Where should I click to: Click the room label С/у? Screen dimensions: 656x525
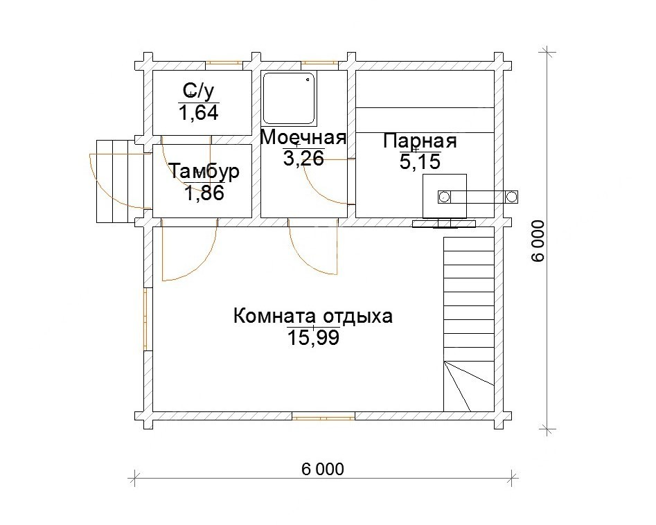pos(198,90)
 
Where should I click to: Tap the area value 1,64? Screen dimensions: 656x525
pos(199,113)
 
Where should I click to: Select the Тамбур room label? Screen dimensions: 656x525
pos(204,171)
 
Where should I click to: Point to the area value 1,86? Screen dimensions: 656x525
pos(204,193)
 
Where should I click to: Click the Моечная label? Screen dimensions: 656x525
pos(303,137)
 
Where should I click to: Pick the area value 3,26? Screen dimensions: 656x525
pos(303,159)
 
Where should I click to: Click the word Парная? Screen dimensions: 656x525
pos(420,141)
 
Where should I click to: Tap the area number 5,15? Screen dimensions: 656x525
pos(420,162)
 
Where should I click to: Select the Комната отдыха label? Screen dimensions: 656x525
pos(313,316)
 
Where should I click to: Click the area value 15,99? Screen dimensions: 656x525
pos(313,337)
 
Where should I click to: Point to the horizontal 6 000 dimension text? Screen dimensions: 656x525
pos(323,470)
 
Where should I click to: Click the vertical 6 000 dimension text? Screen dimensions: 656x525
pos(538,241)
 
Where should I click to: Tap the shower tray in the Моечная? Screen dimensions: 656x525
pos(290,99)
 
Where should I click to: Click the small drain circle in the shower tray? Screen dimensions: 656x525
pos(309,79)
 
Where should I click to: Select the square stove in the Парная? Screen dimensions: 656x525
pos(444,196)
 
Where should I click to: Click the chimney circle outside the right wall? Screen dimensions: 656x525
pos(511,196)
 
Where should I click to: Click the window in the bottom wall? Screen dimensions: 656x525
pos(323,416)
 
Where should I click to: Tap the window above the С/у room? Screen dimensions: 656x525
pos(224,64)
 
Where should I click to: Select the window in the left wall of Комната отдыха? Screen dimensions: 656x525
pos(145,319)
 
